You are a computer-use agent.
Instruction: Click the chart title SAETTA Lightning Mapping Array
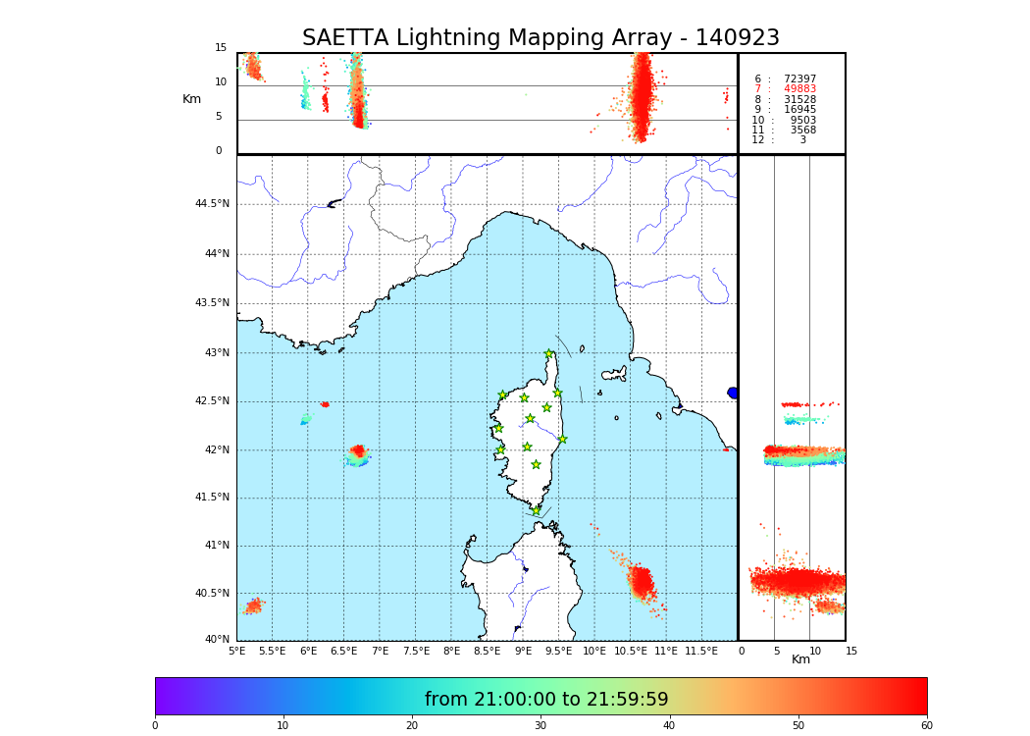(x=541, y=38)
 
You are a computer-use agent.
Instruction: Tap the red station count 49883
(x=799, y=89)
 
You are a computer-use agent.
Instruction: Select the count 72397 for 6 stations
(x=799, y=79)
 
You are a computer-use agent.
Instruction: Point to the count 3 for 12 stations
(x=802, y=140)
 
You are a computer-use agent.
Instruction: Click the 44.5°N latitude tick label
(x=212, y=204)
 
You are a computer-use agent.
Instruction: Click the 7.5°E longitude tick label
(x=416, y=651)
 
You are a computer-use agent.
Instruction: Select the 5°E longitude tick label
(x=237, y=651)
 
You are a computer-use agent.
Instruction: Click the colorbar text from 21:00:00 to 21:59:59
(x=546, y=700)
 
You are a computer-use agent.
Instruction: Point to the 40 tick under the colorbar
(x=669, y=726)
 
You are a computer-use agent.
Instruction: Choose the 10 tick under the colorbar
(x=283, y=726)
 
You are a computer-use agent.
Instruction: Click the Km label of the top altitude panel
(x=191, y=99)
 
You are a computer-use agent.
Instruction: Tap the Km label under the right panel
(x=801, y=659)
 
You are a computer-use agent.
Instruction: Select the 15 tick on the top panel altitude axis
(x=221, y=48)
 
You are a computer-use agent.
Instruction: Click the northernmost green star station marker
(x=549, y=354)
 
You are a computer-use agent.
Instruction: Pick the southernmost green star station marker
(x=536, y=510)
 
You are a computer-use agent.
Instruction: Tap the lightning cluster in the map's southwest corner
(x=253, y=605)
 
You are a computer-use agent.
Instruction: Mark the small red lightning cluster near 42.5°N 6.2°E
(x=325, y=404)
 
